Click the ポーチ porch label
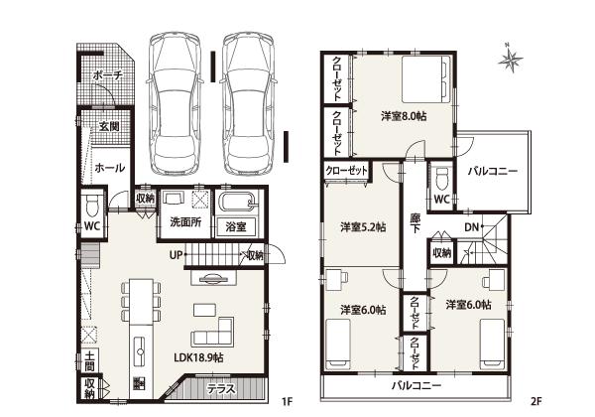107,75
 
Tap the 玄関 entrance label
109,127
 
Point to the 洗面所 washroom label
185,221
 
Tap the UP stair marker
177,255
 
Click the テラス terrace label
221,390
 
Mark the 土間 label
89,359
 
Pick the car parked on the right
249,101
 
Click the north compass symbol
511,61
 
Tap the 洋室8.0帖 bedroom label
404,116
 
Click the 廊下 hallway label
414,223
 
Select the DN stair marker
472,228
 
